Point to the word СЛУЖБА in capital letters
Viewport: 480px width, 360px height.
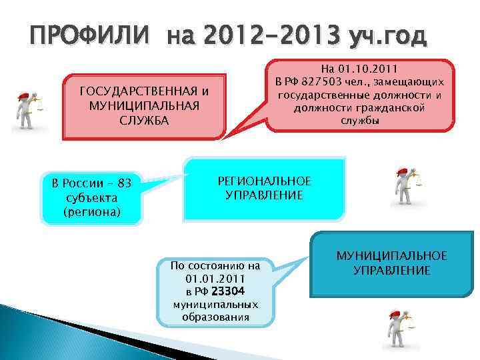click(x=144, y=121)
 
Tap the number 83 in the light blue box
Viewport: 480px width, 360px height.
click(x=123, y=183)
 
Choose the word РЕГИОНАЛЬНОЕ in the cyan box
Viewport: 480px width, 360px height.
click(x=265, y=181)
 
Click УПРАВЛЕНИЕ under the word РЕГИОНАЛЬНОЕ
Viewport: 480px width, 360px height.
click(x=265, y=195)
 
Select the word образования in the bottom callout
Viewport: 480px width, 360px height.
click(x=215, y=317)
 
